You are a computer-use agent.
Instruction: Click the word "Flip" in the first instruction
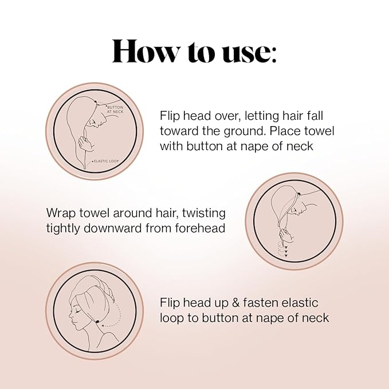[x=171, y=115]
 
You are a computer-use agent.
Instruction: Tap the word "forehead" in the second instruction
[x=199, y=228]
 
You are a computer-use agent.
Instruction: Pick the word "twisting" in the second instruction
[x=203, y=213]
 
